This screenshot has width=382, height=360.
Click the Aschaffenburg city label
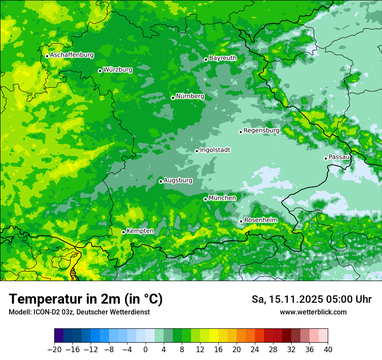point(72,55)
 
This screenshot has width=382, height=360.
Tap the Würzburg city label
point(118,70)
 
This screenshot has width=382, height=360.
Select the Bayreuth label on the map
point(223,58)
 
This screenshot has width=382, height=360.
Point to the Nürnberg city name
point(190,96)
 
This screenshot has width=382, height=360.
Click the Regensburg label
point(261,131)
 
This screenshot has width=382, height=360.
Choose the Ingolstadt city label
point(215,150)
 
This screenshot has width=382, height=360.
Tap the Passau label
point(339,157)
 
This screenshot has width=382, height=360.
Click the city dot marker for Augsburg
point(161,181)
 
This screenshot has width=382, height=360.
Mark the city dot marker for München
point(205,199)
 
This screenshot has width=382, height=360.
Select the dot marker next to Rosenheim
point(241,221)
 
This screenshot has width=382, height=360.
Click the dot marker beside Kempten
point(123,232)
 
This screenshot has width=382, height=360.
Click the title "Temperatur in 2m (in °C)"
point(86,299)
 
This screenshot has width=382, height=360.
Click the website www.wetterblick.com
point(313,312)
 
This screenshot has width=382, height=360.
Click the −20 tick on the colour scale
point(55,350)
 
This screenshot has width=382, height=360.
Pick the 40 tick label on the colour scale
point(328,350)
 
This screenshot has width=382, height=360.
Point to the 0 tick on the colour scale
point(145,350)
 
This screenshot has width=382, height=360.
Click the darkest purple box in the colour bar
point(59,336)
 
